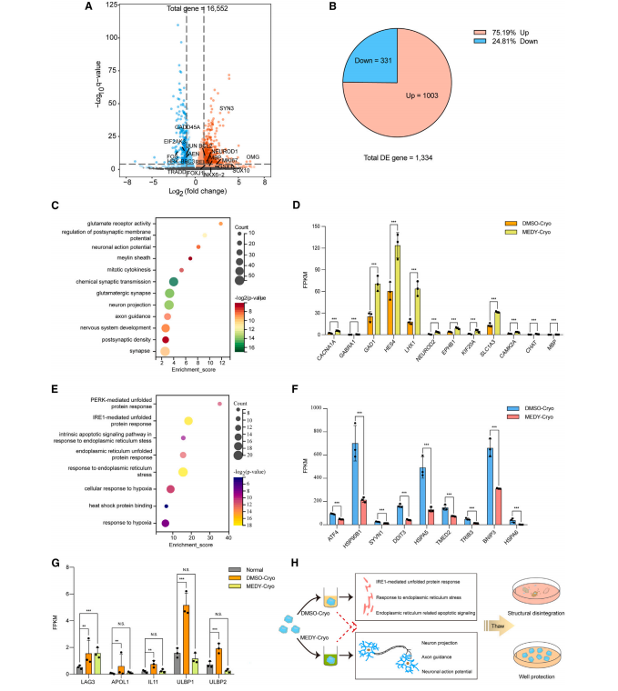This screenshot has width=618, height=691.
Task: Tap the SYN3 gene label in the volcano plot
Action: click(228, 109)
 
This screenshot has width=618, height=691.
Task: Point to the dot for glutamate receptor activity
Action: click(220, 223)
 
